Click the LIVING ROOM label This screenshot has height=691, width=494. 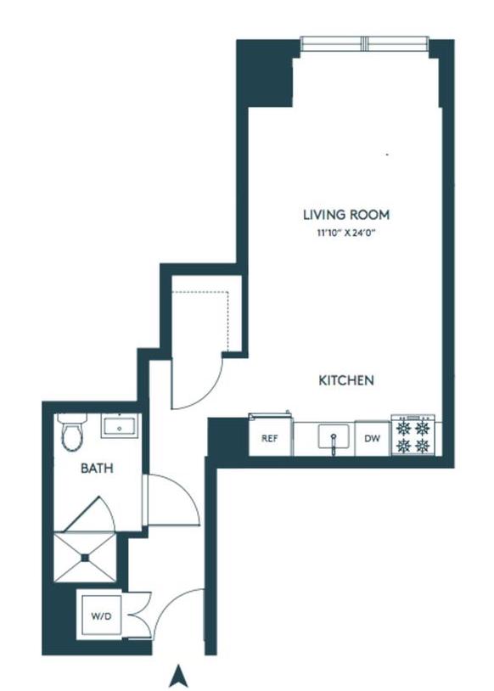tap(346, 215)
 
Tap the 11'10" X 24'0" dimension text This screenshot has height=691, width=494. tap(346, 233)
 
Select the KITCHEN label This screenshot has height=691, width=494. tap(346, 379)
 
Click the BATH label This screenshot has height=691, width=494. tap(97, 468)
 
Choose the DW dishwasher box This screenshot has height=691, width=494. tap(373, 439)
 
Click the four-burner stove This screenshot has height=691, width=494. tap(413, 435)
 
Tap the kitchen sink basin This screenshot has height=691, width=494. tap(334, 436)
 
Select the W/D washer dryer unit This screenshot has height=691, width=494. tap(101, 615)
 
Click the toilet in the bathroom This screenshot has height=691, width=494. tap(72, 432)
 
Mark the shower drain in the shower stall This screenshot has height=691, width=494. tap(85, 558)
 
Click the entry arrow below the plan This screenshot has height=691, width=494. tap(178, 676)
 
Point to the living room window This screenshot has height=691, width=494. tap(365, 43)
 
